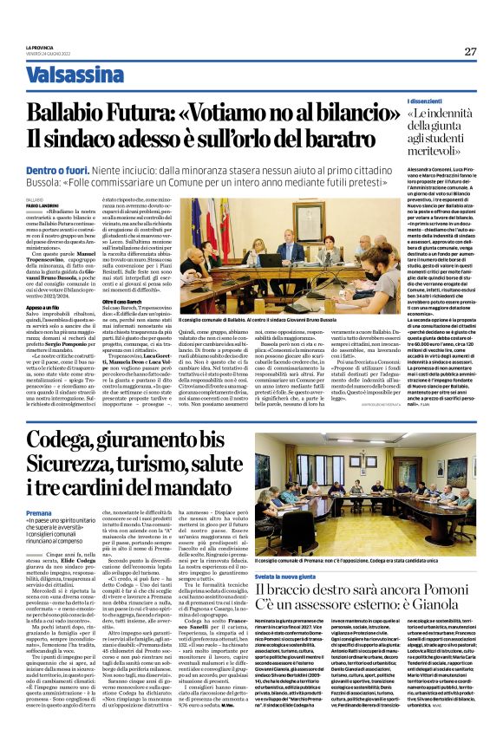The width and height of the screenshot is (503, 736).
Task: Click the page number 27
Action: (470, 51)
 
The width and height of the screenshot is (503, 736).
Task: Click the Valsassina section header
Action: (75, 75)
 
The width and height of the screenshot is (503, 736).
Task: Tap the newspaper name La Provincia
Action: (39, 47)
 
